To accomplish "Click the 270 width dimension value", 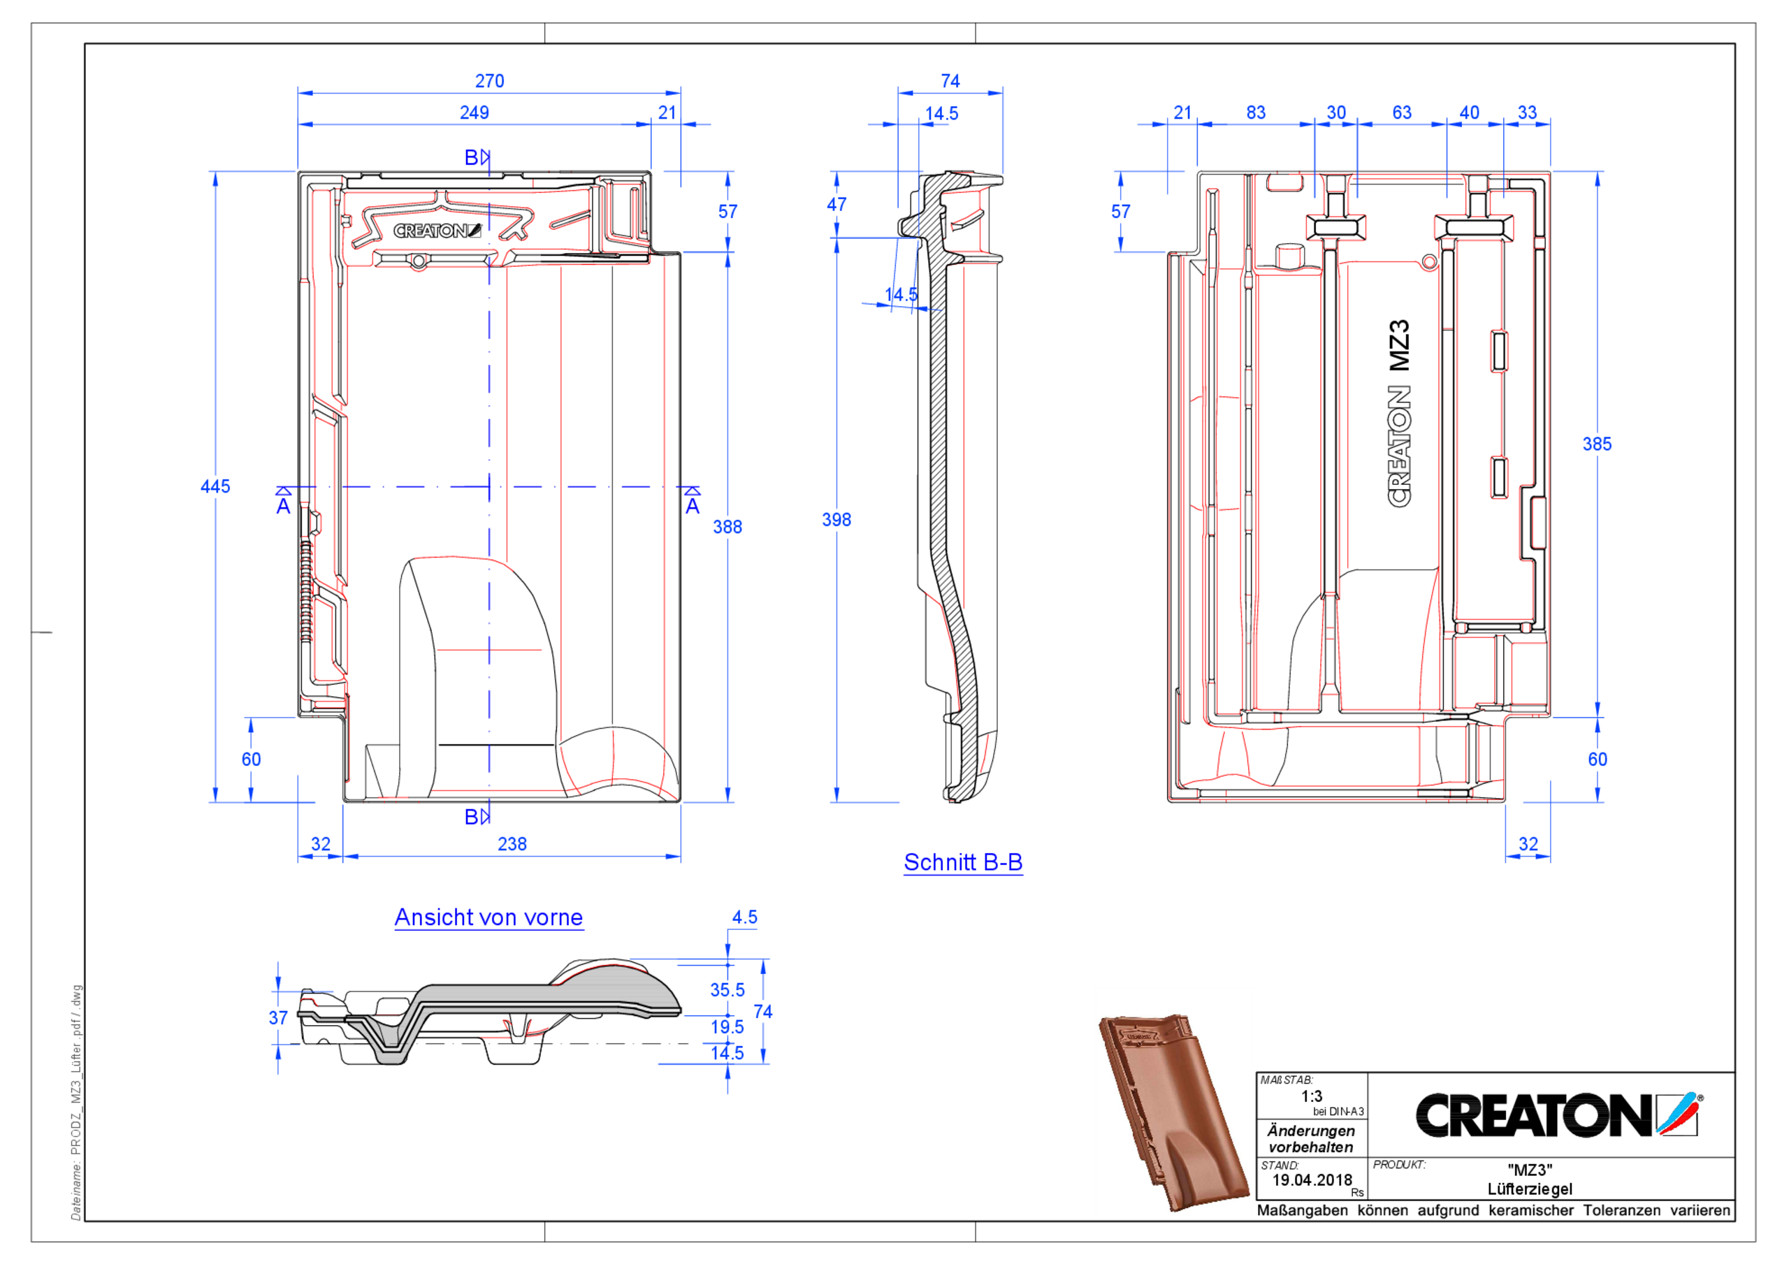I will [489, 81].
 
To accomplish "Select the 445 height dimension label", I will [215, 487].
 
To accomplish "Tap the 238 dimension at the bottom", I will [512, 845].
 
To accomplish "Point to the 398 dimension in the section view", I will [836, 520].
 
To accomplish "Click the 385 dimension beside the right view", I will [1597, 444].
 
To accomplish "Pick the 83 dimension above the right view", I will [1255, 113].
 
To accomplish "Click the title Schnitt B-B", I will [963, 863].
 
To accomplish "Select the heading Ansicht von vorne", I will [488, 918].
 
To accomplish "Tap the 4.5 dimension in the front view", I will [744, 917].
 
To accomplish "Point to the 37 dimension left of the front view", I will [278, 1019].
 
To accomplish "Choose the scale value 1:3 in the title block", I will [1312, 1096].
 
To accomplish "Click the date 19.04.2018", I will [1312, 1181].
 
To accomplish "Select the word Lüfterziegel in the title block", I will [1530, 1189].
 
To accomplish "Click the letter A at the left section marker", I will [284, 507].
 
